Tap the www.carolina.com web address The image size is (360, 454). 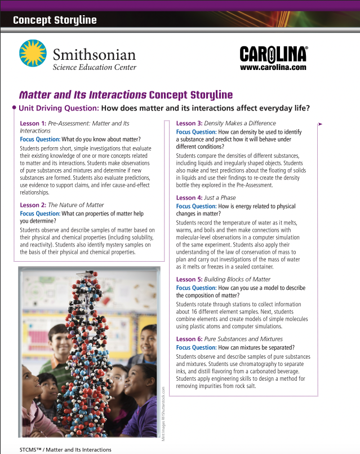click(273, 67)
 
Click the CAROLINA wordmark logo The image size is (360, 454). click(274, 54)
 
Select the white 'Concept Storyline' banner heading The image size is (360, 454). click(55, 20)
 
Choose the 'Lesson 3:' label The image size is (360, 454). click(189, 123)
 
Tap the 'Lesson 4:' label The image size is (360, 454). click(189, 198)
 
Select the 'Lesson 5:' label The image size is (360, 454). click(189, 279)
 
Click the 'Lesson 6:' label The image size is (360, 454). click(189, 339)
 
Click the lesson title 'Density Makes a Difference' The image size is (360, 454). click(240, 123)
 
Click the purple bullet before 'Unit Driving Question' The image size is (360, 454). click(14, 107)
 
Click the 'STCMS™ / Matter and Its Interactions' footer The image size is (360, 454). click(65, 449)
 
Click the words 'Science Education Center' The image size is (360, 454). click(94, 67)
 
